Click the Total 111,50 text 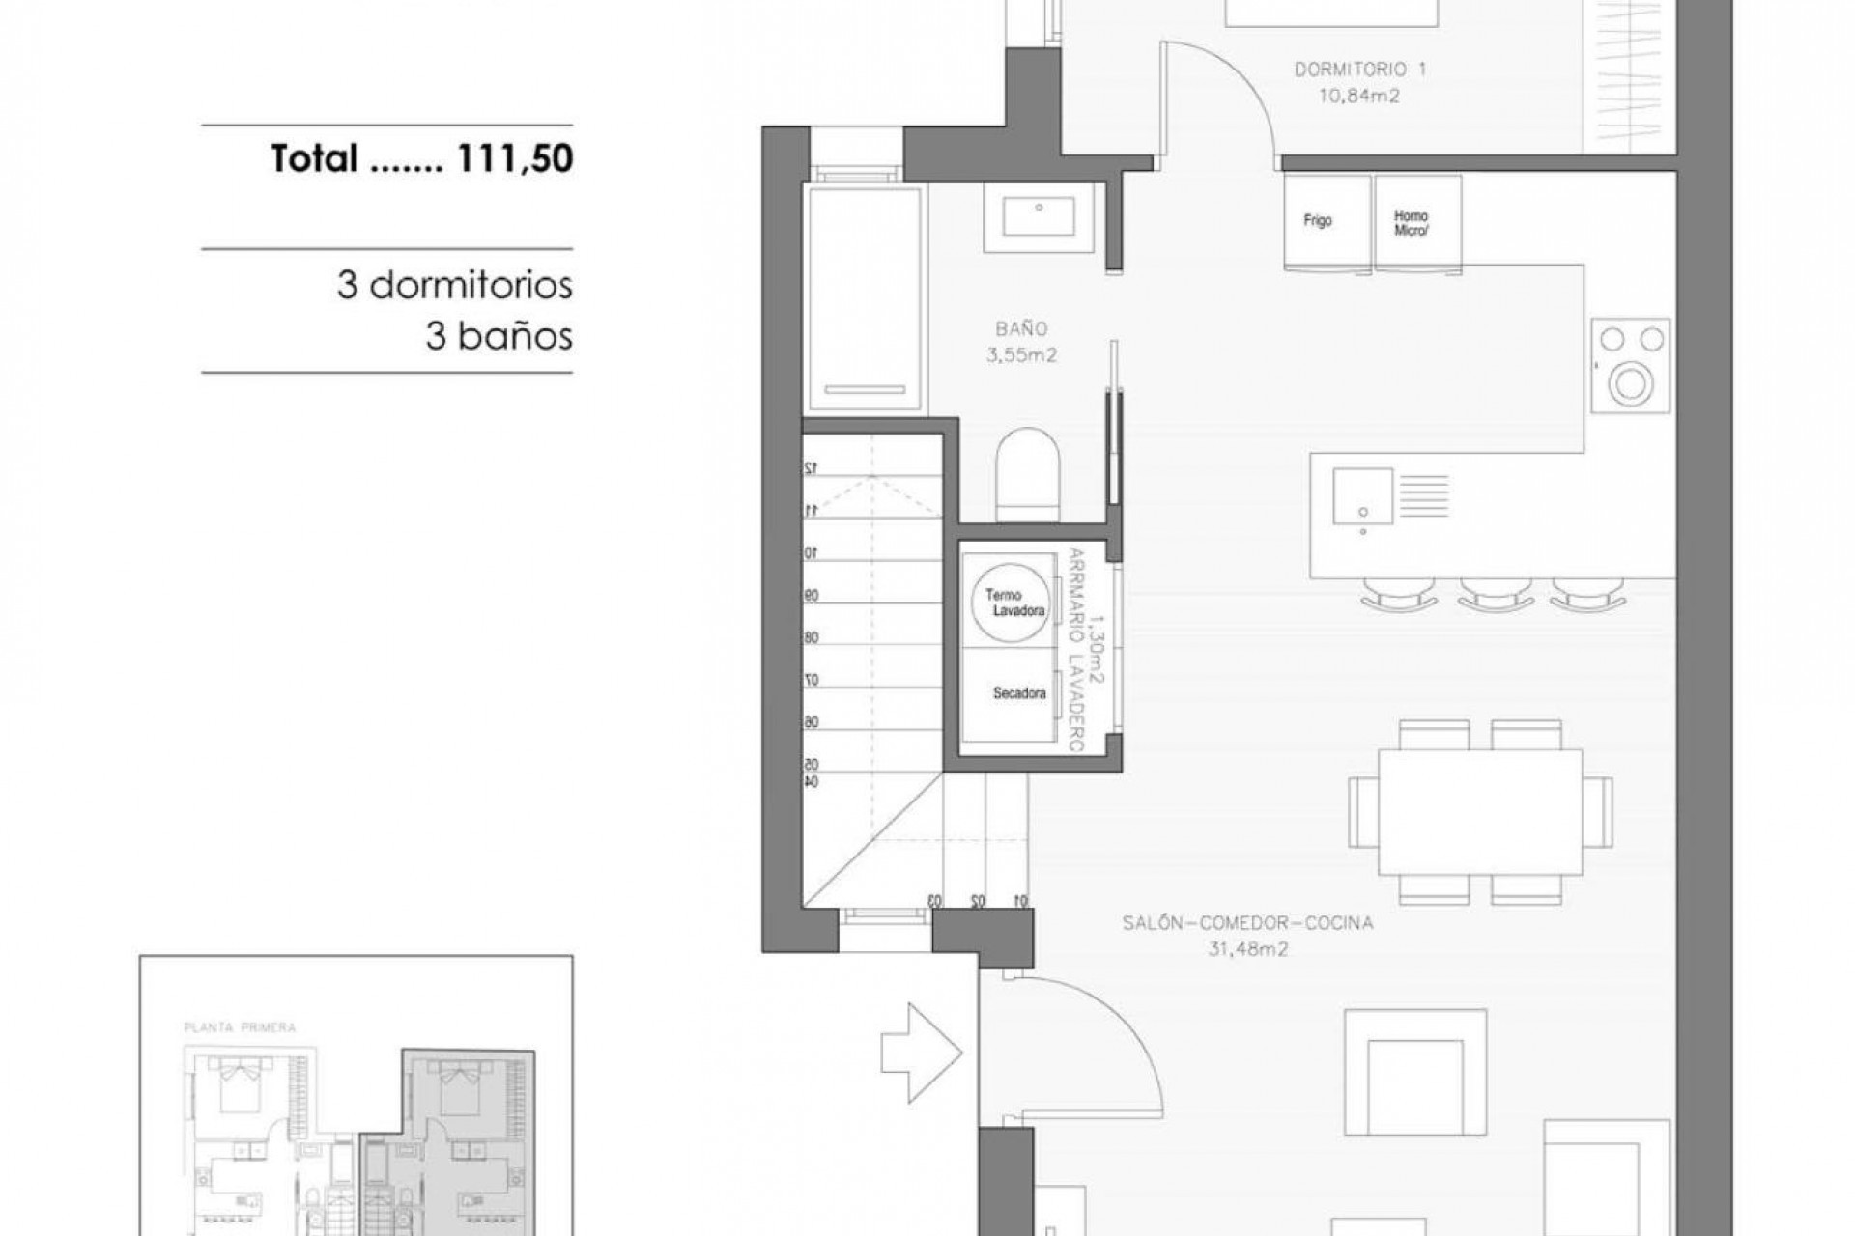point(422,158)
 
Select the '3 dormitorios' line point(454,286)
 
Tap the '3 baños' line point(499,336)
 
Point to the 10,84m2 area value point(1358,96)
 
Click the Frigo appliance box point(1327,222)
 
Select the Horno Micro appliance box point(1416,222)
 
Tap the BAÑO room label point(1021,329)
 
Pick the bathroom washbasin point(1039,217)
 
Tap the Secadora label point(1018,693)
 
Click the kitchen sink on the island point(1362,496)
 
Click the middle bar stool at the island point(1495,594)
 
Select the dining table point(1479,811)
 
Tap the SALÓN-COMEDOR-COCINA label point(1247,923)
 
